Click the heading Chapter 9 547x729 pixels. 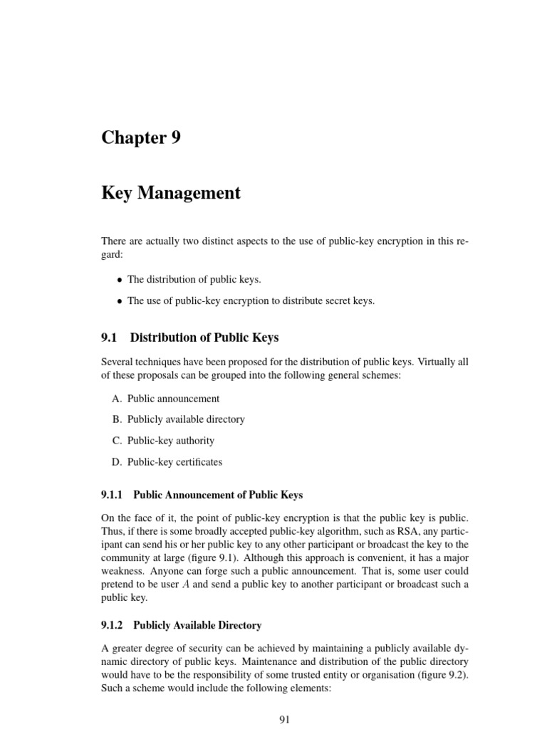click(141, 137)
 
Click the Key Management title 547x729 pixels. click(171, 193)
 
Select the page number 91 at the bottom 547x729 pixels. click(284, 720)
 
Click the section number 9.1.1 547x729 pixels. click(113, 494)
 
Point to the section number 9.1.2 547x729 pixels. click(113, 625)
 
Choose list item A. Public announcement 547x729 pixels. click(165, 399)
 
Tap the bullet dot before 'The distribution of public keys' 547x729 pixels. click(120, 280)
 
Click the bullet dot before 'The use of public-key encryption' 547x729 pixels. click(120, 301)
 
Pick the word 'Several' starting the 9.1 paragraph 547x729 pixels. click(118, 362)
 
